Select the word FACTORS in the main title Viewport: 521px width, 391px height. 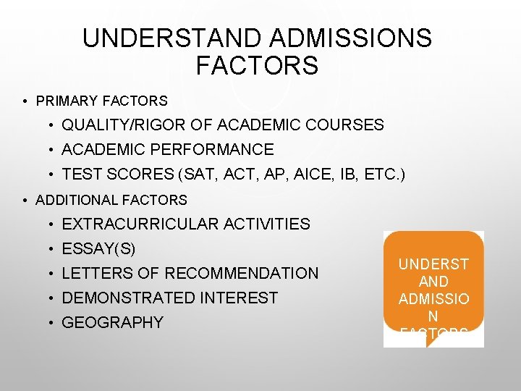tap(257, 66)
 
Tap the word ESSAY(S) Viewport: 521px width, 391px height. tap(98, 249)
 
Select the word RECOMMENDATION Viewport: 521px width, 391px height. tap(242, 274)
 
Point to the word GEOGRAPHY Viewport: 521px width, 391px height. tap(113, 322)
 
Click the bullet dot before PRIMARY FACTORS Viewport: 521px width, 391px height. tap(25, 101)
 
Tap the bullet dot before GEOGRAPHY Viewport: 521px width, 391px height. tap(52, 323)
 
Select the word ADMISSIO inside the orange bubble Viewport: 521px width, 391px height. tap(433, 299)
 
